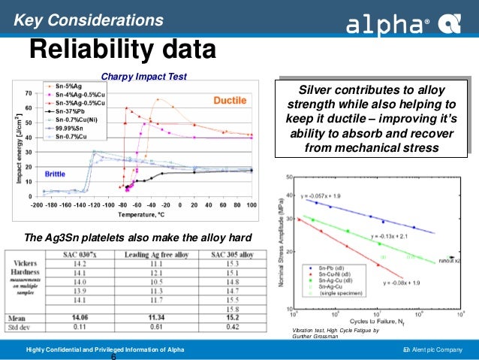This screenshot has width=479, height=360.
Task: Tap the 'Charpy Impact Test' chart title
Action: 145,75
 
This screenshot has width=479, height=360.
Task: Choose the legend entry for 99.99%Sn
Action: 65,128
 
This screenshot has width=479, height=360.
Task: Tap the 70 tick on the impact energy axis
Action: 28,94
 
